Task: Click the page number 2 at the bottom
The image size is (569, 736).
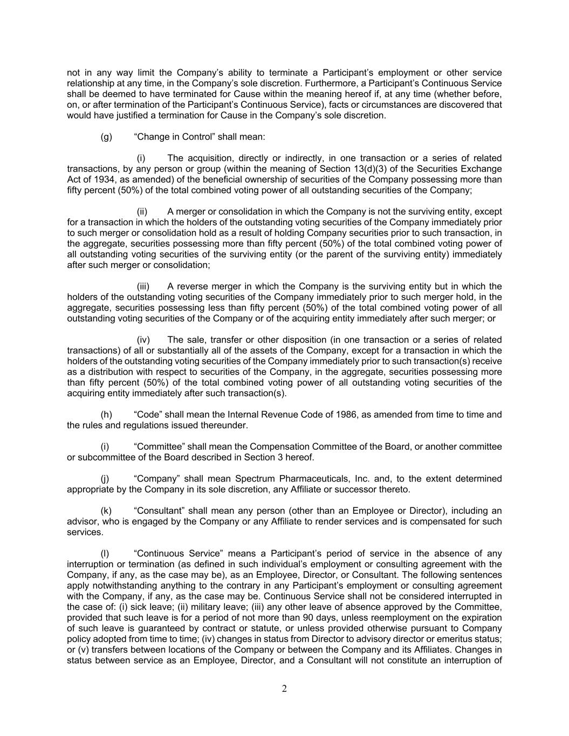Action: click(x=284, y=689)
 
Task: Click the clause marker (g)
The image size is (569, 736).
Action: click(x=106, y=137)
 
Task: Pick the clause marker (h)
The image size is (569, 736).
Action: click(x=106, y=415)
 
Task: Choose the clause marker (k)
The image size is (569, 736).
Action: click(x=106, y=511)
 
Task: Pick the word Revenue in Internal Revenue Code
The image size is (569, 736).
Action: click(x=280, y=415)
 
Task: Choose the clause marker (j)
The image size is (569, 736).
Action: click(x=105, y=479)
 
